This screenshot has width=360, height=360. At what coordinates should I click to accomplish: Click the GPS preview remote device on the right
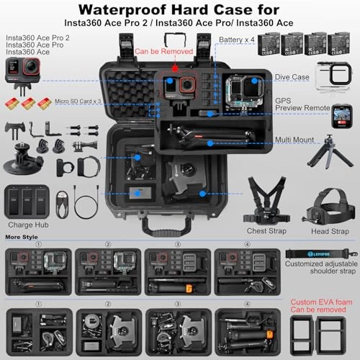point(340,116)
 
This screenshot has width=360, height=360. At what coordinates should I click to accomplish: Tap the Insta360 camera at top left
point(18,73)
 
